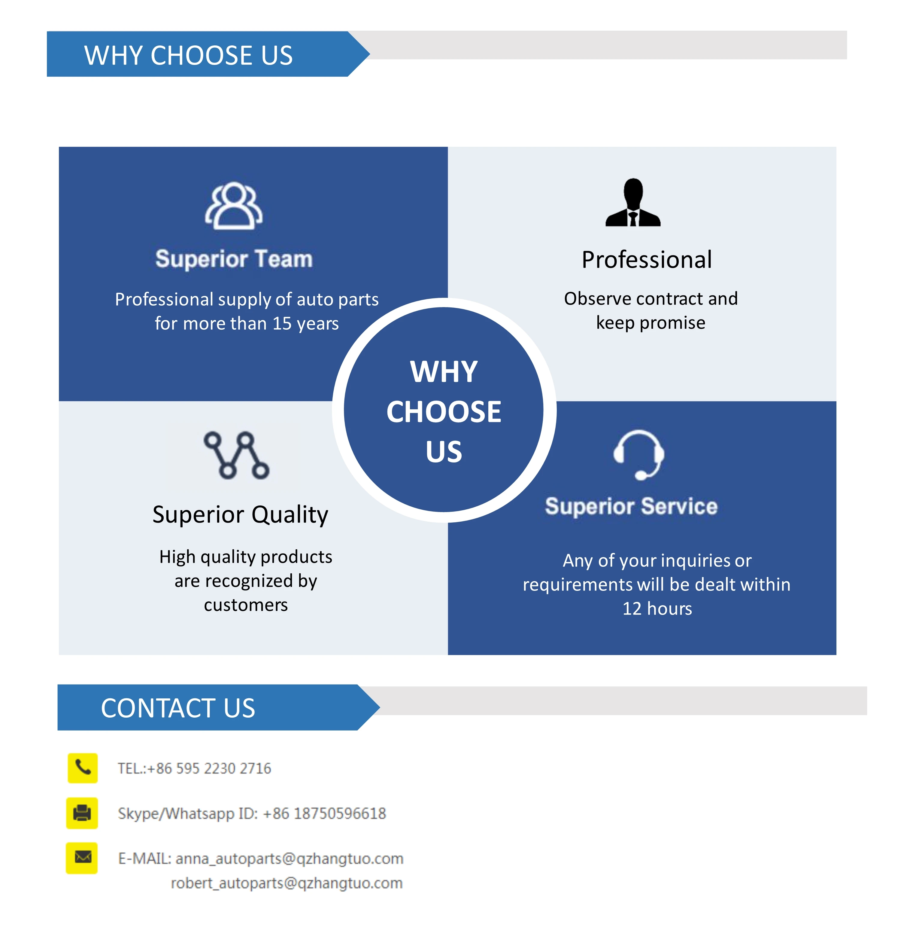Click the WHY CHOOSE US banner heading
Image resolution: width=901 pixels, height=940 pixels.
188,55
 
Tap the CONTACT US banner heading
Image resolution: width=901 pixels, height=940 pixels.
178,708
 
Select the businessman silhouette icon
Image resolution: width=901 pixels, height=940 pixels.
633,203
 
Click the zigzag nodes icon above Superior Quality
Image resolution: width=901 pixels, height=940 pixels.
236,455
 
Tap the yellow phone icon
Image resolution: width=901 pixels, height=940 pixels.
82,768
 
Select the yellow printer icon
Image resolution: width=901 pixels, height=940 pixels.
82,813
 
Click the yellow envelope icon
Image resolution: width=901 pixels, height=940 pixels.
82,858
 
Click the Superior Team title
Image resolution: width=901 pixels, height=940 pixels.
234,259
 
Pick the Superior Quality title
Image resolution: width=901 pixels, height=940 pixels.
240,514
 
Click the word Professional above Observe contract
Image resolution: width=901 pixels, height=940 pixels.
647,260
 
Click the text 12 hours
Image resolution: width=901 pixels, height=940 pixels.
657,609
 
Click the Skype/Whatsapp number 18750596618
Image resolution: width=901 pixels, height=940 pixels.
339,813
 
